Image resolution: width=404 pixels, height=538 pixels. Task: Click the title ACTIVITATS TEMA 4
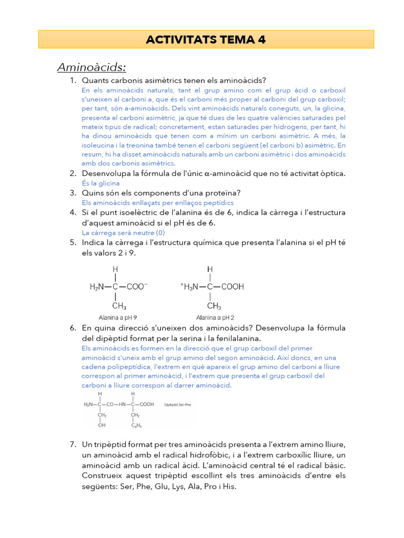tap(206, 39)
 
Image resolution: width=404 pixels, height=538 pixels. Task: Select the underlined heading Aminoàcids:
tap(92, 67)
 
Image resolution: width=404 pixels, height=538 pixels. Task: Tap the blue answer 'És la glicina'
tap(100, 183)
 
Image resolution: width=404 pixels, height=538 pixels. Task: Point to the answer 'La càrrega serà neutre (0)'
tap(123, 233)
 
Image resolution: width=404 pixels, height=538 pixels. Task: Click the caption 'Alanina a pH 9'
tap(118, 317)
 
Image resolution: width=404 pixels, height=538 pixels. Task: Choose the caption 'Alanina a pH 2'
tap(215, 317)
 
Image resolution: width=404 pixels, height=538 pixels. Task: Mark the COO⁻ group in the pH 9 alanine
tap(138, 287)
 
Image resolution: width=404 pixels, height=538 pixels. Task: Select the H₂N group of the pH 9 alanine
tap(97, 287)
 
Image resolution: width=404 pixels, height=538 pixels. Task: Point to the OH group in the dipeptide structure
tap(102, 426)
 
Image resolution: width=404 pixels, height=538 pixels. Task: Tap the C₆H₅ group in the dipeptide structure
tap(136, 426)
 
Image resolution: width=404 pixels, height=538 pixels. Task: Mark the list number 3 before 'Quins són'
tap(73, 193)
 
